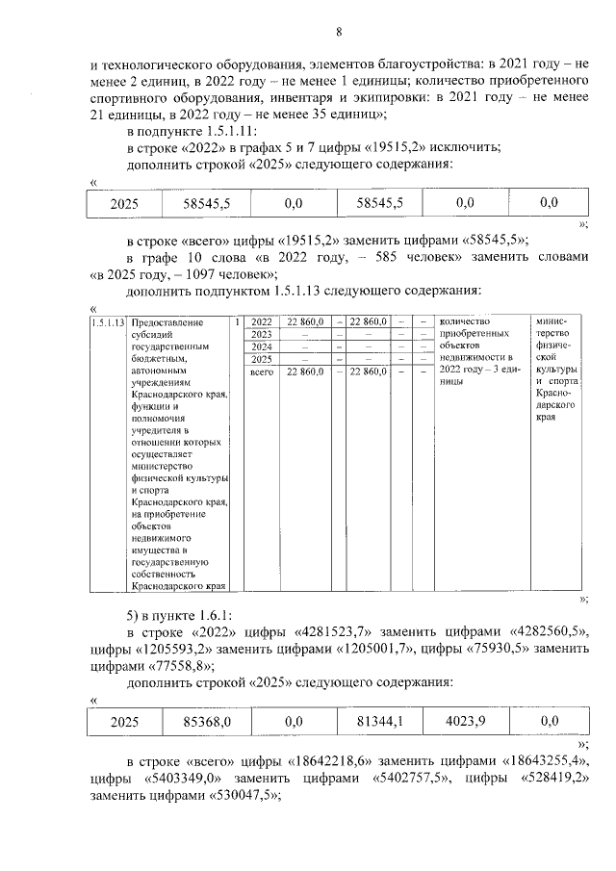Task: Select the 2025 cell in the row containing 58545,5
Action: [x=124, y=203]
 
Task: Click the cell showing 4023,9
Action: [x=465, y=719]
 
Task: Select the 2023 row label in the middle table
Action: [x=261, y=334]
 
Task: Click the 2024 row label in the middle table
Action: [x=261, y=346]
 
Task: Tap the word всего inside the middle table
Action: [x=262, y=371]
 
